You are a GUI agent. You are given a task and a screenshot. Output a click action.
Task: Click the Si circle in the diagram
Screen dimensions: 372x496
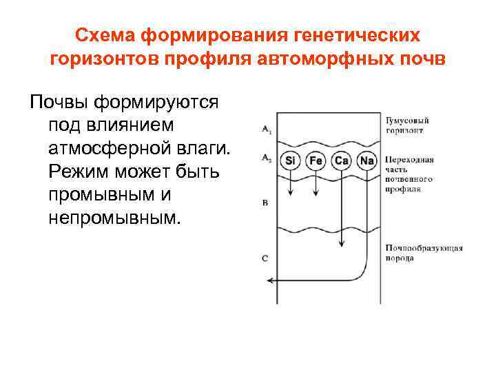(x=291, y=161)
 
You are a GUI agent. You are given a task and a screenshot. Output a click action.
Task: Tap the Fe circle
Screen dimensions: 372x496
(x=316, y=161)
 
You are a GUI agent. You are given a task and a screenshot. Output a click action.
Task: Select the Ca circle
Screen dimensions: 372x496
(x=341, y=161)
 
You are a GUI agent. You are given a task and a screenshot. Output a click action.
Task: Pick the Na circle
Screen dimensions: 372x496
(x=366, y=161)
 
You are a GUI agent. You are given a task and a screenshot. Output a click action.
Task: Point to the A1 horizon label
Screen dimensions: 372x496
(x=267, y=128)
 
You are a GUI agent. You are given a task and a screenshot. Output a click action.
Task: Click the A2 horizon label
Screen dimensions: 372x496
(x=267, y=158)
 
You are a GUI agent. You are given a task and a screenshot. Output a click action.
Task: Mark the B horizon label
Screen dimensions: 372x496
(x=265, y=204)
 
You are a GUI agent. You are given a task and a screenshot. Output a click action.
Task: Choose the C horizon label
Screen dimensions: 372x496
(x=265, y=258)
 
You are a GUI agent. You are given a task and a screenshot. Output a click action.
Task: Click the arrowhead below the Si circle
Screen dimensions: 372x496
(x=291, y=194)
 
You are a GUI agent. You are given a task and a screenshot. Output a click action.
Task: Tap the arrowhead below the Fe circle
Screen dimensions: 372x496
(x=316, y=194)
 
